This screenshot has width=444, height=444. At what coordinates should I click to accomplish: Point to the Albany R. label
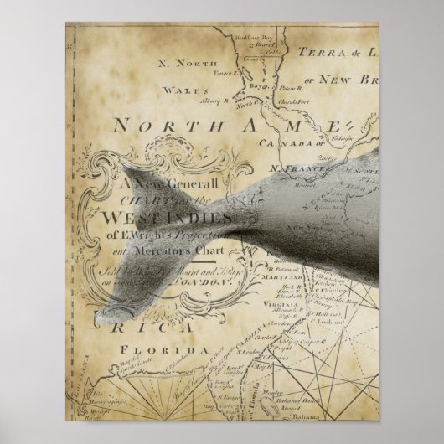216,101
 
